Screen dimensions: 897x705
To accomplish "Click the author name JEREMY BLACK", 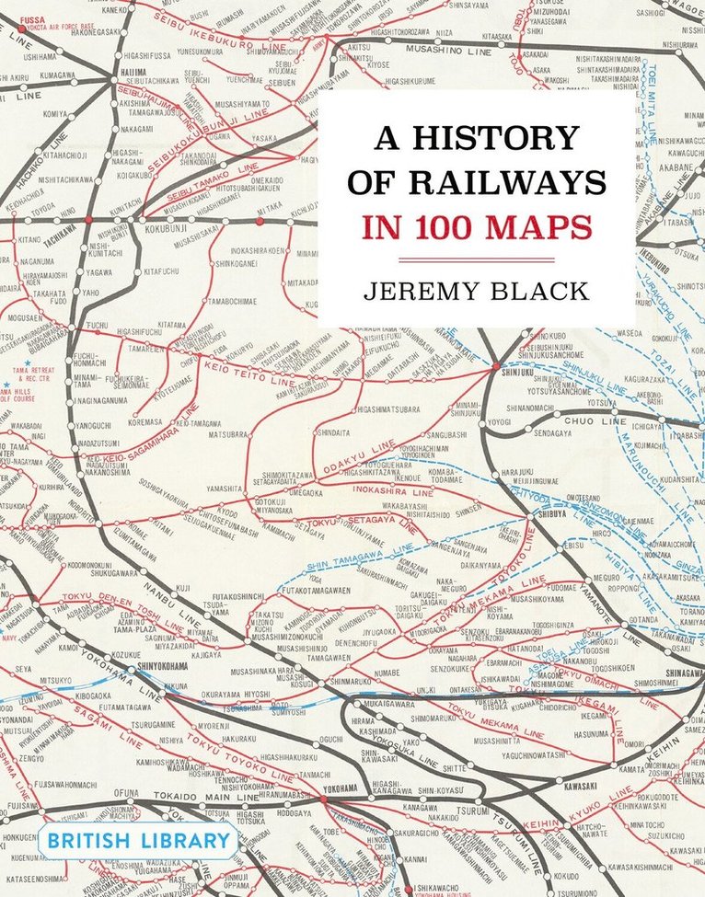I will point(476,293).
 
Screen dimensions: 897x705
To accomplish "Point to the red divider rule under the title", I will point(476,259).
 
